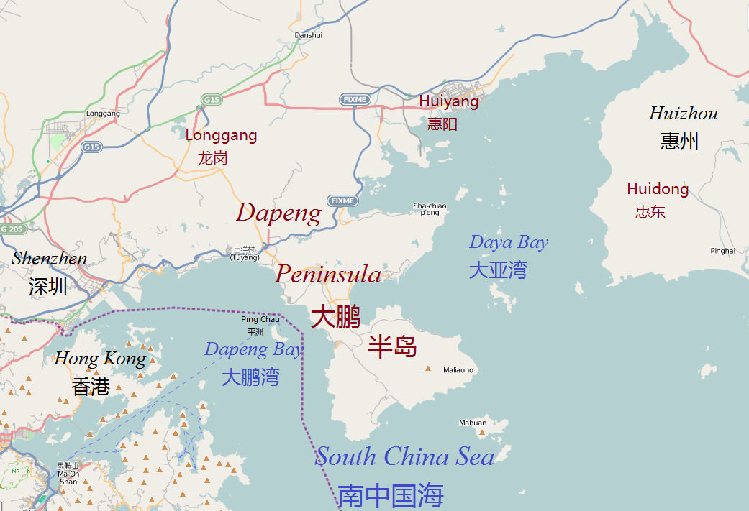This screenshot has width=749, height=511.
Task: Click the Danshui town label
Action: pos(309,34)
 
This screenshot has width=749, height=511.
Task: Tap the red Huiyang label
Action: pos(449,101)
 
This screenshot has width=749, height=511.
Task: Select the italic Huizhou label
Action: pos(683,114)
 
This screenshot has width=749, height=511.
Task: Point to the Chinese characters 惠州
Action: pos(679,140)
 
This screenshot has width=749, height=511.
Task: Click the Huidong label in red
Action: pos(658,189)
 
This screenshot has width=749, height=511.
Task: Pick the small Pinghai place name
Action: pos(722,251)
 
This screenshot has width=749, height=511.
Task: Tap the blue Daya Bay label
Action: pos(509,242)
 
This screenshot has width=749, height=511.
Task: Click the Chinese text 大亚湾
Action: pos(498,270)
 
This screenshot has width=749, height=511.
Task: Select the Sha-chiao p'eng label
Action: pos(430,209)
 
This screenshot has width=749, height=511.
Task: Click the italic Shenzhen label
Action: pos(49,259)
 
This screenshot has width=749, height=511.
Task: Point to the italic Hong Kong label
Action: pos(100,358)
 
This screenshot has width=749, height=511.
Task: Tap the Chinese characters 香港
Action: pos(91,387)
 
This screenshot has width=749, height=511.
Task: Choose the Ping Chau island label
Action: pos(260,320)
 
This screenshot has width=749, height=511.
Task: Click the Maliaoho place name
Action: pos(458,370)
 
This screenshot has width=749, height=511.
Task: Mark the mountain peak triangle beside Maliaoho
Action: pos(429,369)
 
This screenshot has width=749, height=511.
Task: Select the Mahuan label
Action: pos(473,423)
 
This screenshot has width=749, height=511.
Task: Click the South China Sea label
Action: pos(405,456)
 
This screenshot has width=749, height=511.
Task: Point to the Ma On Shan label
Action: pos(68,474)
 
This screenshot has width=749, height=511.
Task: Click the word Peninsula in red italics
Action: pos(328,274)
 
